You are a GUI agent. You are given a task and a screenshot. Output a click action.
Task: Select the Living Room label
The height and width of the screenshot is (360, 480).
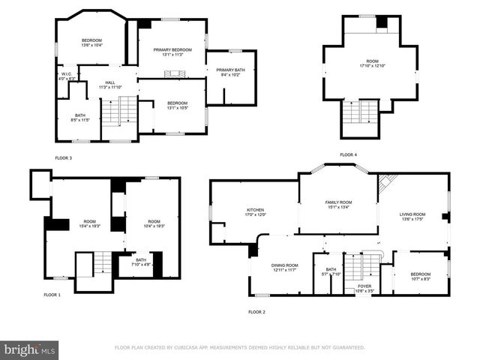click(x=413, y=217)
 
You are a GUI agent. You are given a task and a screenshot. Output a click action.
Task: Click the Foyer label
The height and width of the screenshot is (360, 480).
click(x=364, y=288)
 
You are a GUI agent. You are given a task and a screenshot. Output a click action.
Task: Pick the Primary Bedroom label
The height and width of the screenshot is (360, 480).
click(x=172, y=52)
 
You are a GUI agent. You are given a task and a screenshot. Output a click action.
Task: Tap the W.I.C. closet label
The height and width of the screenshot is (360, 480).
click(x=66, y=76)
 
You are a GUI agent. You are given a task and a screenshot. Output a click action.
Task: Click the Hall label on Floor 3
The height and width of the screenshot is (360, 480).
click(x=109, y=85)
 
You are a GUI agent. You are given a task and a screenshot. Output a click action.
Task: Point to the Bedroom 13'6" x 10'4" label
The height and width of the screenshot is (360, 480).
click(x=91, y=42)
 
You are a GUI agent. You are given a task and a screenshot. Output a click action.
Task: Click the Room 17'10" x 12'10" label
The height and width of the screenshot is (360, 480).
click(x=372, y=64)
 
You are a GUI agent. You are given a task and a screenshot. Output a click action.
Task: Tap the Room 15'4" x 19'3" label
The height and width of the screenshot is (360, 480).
click(x=89, y=224)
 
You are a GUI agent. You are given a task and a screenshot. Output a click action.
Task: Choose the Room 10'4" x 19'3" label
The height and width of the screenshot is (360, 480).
click(x=154, y=224)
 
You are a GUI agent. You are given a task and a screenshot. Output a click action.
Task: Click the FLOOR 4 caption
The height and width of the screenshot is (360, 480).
click(x=348, y=154)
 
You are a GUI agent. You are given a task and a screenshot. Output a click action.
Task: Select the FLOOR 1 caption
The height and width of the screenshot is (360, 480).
click(x=52, y=295)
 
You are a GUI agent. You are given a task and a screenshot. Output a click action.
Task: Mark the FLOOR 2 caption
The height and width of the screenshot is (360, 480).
click(x=256, y=311)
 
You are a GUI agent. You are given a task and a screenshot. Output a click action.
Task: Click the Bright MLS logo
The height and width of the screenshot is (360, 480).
click(x=30, y=350)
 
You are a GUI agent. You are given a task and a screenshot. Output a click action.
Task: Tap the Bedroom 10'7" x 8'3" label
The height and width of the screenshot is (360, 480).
click(x=421, y=277)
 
